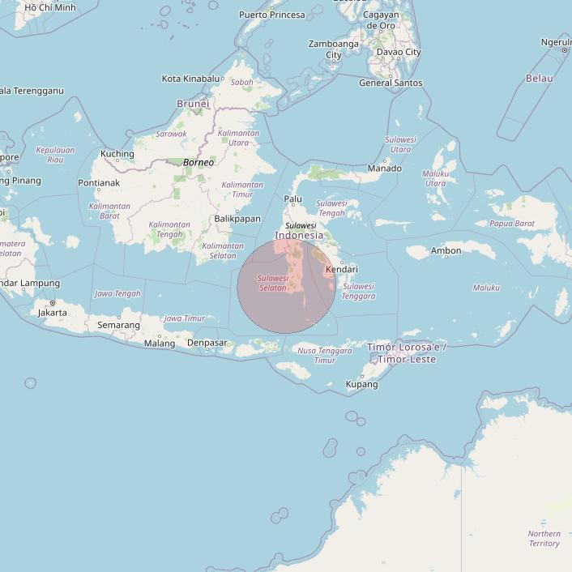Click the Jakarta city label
53,312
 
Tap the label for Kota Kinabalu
190,79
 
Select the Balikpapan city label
237,219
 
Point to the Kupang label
362,384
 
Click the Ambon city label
446,251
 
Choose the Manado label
385,169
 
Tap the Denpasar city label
207,343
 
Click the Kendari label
341,269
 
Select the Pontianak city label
99,183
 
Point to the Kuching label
117,154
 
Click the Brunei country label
193,104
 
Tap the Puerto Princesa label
272,15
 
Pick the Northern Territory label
544,538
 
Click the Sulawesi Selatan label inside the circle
272,283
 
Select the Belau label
540,79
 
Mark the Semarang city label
118,325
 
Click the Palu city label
292,199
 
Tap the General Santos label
391,83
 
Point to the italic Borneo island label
198,163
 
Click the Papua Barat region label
512,224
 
